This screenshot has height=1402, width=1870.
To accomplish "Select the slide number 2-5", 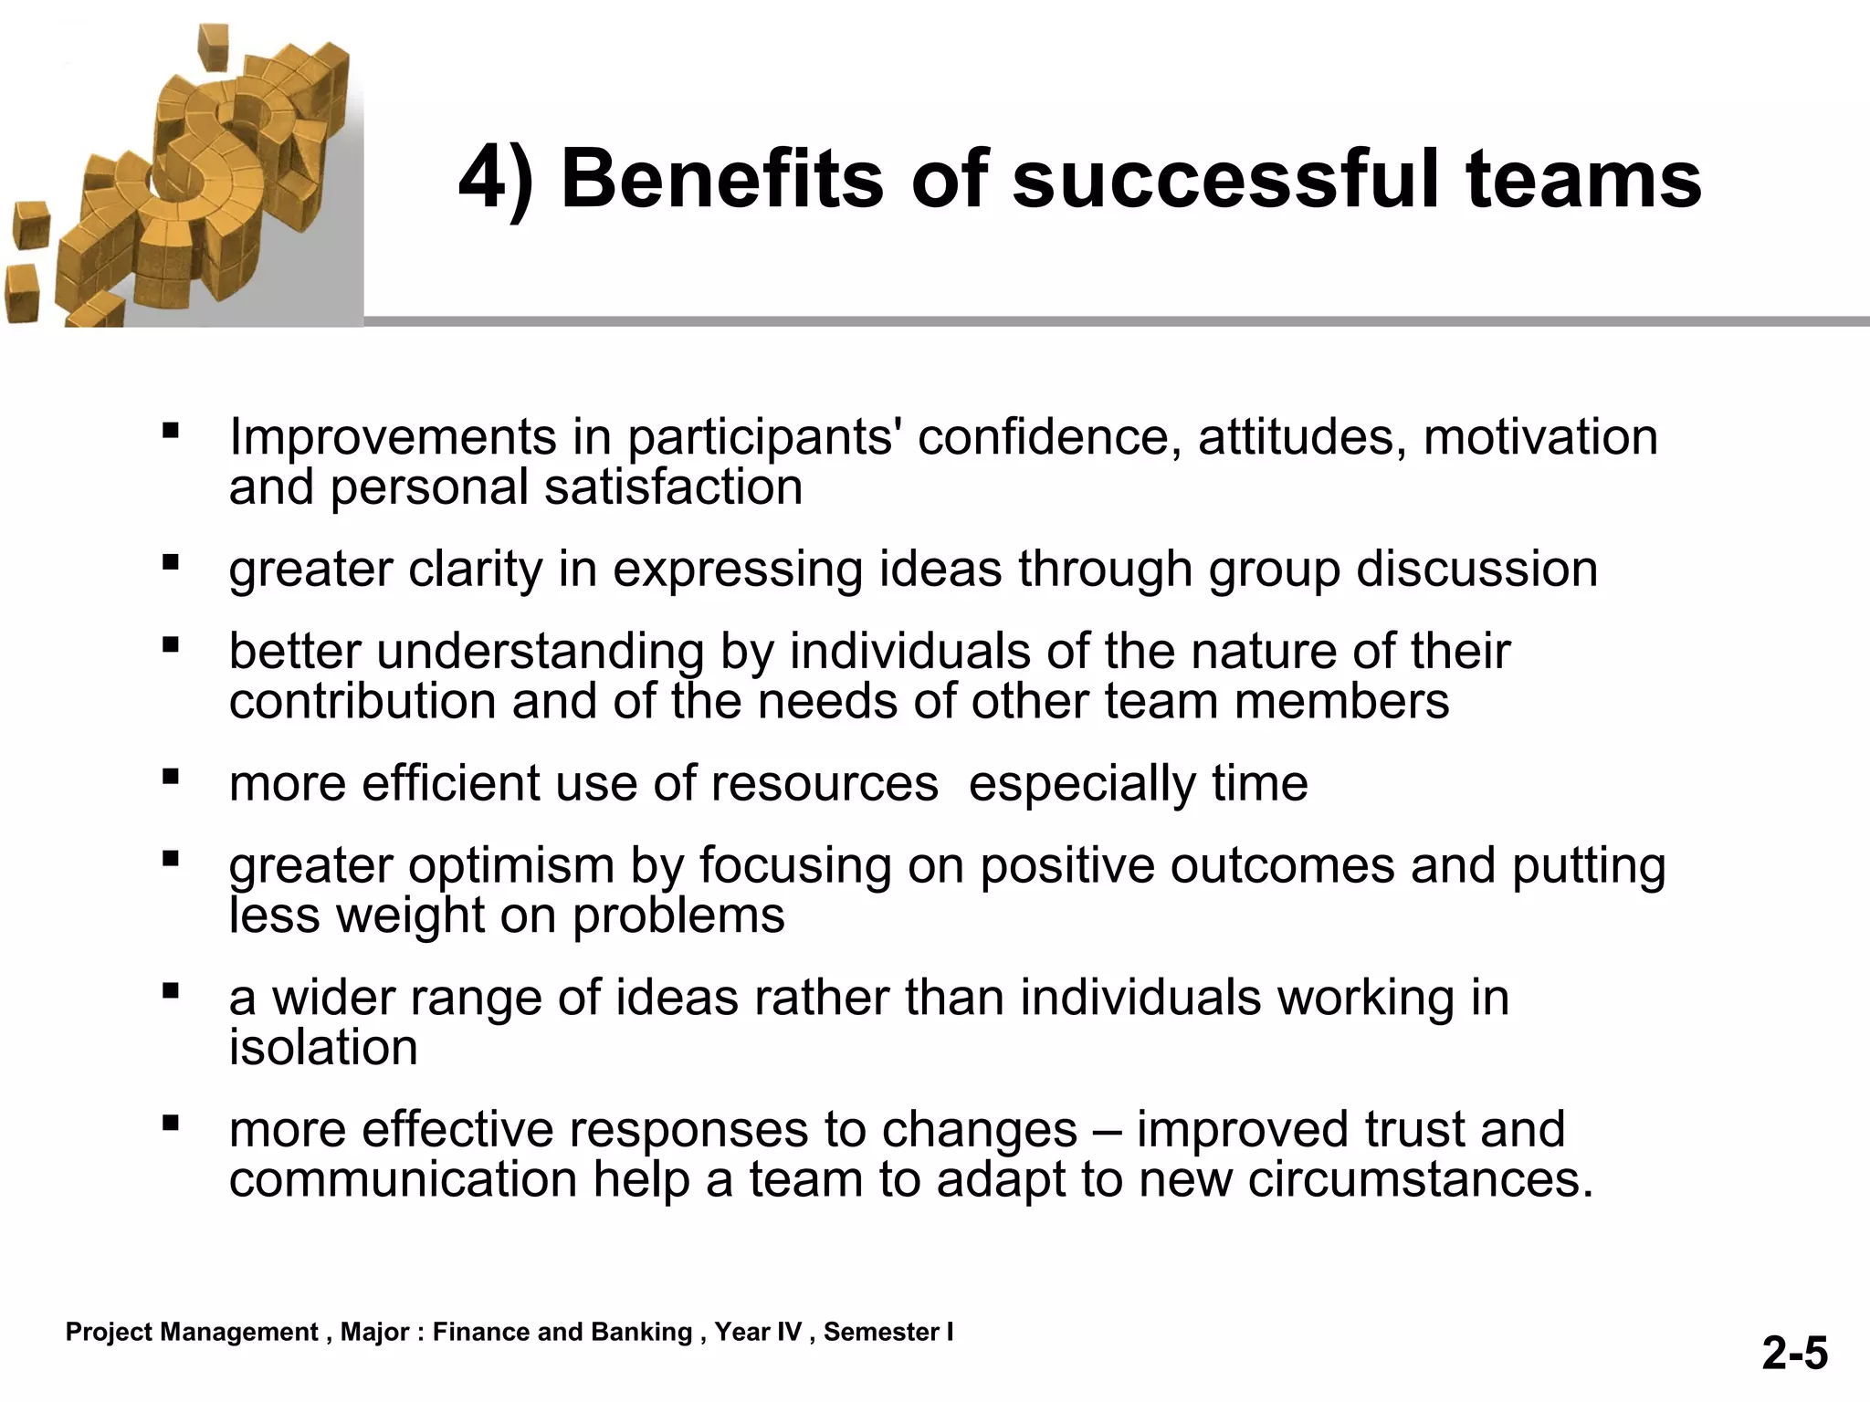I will click(x=1794, y=1353).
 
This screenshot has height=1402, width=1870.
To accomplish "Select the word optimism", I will click(x=511, y=865).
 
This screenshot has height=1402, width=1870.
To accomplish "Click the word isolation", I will click(x=323, y=1047).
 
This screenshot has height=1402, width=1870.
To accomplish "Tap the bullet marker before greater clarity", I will click(x=170, y=562).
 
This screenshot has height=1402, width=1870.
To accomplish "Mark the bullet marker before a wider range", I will click(x=170, y=990).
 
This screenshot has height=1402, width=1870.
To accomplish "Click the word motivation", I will click(x=1540, y=436).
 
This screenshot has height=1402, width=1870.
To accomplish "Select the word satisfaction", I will click(x=673, y=487).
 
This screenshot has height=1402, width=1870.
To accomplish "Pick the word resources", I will click(x=824, y=783).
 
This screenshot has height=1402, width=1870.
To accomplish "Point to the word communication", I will click(x=403, y=1179).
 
